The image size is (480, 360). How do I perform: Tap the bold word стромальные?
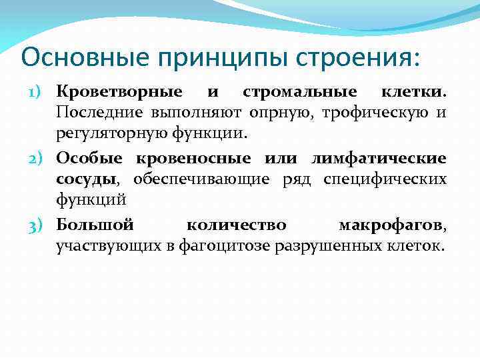coord(299,90)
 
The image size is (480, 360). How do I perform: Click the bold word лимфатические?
coord(379,159)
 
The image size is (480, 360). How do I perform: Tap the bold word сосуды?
coord(87,180)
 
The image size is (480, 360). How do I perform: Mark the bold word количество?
coord(236,227)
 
